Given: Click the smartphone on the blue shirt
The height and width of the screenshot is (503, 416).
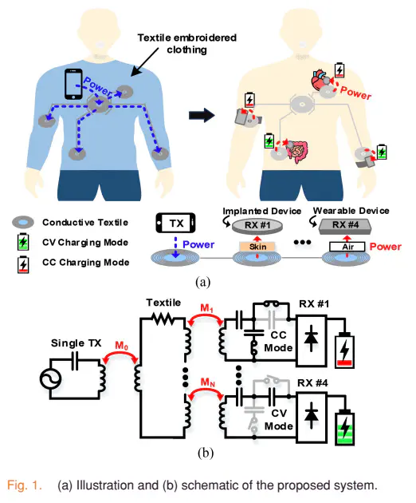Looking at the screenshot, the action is [x=73, y=84].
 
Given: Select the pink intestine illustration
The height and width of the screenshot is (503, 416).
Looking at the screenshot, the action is [x=298, y=152].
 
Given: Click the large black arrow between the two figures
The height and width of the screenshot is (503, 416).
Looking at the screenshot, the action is [x=202, y=115].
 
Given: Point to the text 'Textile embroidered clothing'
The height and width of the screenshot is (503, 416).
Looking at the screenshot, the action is [x=187, y=44].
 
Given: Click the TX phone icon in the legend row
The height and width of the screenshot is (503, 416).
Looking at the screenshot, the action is [x=176, y=223].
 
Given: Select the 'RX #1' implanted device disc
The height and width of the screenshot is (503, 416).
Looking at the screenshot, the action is [x=257, y=225].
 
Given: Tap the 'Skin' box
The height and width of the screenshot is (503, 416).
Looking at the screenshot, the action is [x=257, y=247].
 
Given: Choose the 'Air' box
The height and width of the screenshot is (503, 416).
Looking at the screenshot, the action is [x=347, y=247].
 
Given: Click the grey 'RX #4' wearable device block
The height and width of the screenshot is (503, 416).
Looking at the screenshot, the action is [x=345, y=226].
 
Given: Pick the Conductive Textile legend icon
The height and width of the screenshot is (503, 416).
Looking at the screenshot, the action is [x=23, y=222].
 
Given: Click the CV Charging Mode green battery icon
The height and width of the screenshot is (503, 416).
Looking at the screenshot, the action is [x=23, y=242].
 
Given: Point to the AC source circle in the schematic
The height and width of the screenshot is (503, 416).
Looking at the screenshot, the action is [x=50, y=379].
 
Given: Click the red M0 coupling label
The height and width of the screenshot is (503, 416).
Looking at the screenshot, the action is [x=122, y=346].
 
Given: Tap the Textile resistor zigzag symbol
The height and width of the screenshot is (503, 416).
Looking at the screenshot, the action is [x=163, y=319].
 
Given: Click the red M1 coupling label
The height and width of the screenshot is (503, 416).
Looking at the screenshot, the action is [x=206, y=308].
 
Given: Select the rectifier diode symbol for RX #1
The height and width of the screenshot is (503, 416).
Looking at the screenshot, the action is [x=312, y=339].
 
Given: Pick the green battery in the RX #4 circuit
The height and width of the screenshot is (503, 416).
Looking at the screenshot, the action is [x=344, y=428].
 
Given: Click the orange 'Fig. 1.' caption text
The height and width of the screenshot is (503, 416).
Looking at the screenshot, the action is [x=25, y=485].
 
